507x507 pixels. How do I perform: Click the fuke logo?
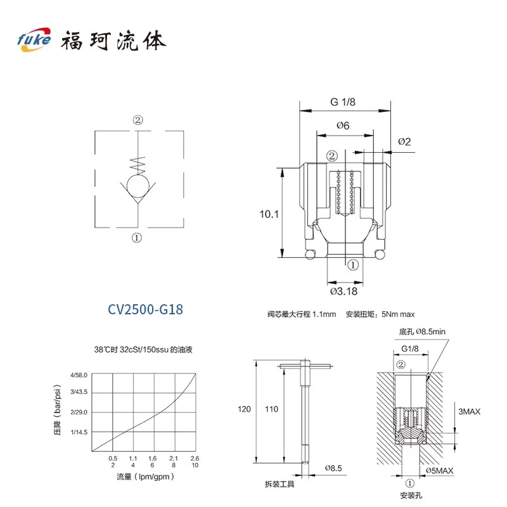(x=34, y=39)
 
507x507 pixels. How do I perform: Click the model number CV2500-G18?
(x=145, y=309)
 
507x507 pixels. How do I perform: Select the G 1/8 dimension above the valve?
(x=343, y=102)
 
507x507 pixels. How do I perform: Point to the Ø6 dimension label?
(x=343, y=125)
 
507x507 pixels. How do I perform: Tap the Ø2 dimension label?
(x=404, y=141)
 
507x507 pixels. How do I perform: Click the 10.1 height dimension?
(x=269, y=214)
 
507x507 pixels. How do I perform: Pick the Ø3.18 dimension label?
(x=343, y=292)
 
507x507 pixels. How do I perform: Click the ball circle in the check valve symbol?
(x=138, y=186)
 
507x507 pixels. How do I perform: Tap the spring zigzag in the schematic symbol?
(x=138, y=165)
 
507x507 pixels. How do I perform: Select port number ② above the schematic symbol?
(x=138, y=120)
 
